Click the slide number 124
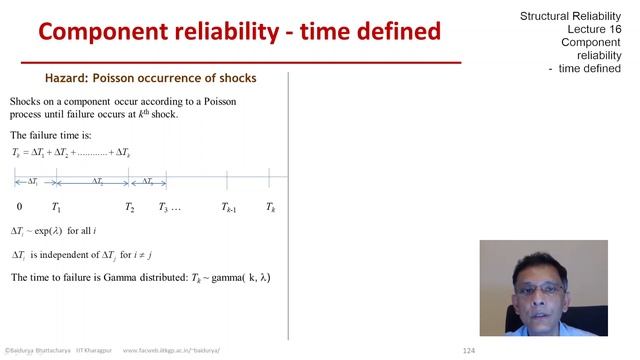coord(468,351)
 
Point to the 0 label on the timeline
coord(19,207)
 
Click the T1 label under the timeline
coord(56,208)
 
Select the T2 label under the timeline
coord(130,208)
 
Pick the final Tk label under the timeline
coord(270,208)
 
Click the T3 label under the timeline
coord(164,208)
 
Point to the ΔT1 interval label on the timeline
coord(33,181)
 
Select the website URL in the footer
coord(170,351)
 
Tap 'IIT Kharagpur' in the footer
coord(93,351)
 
